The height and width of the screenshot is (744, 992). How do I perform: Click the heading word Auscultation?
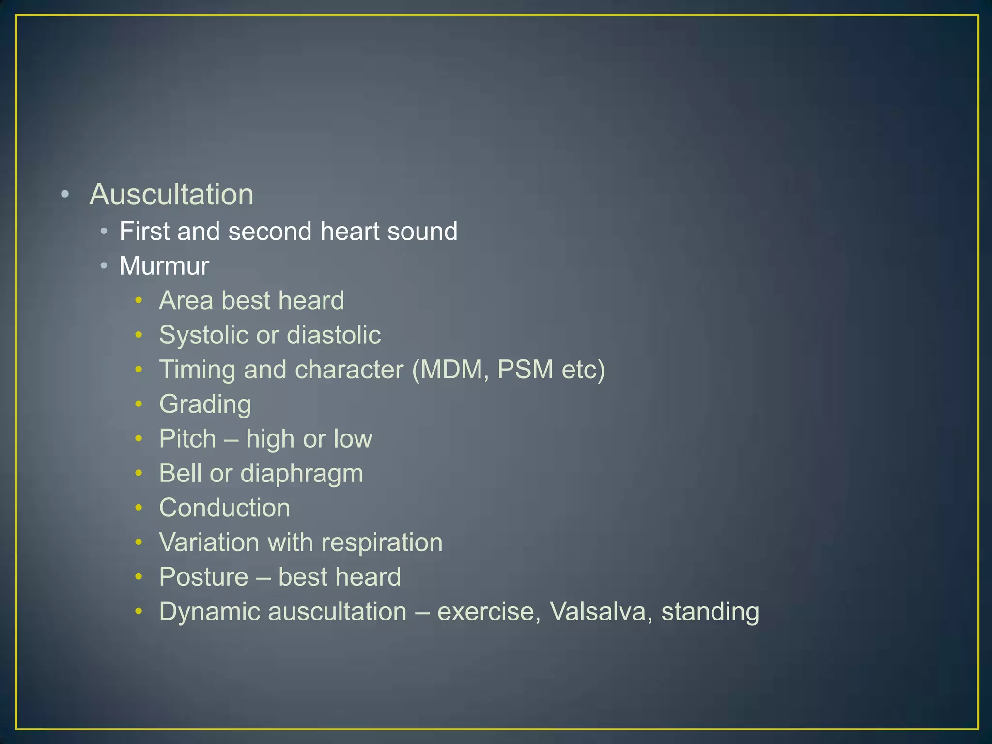point(171,195)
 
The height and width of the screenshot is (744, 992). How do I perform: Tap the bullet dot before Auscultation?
point(65,195)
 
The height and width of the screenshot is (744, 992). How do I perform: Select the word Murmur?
point(164,266)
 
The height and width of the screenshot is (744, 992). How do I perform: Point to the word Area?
point(186,300)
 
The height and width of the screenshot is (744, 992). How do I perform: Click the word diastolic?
point(334,335)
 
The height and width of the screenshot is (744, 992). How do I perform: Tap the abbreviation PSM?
point(525,370)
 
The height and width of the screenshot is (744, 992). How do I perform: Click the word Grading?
point(205,404)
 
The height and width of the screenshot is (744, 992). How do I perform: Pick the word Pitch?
point(187,439)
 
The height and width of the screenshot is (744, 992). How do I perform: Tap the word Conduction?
point(225,508)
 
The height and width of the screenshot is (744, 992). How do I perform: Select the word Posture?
point(204,577)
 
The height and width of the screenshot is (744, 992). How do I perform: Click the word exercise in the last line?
point(488,612)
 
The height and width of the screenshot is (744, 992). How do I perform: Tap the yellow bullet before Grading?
point(139,404)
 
